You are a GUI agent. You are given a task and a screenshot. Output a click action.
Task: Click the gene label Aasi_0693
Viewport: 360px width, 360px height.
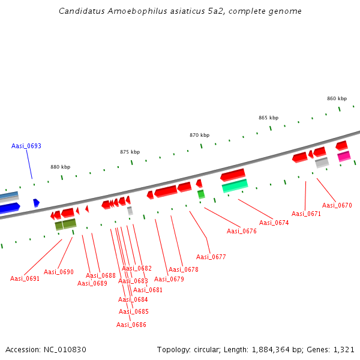point(26,146)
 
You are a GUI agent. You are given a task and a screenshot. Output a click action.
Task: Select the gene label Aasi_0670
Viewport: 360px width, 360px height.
point(337,205)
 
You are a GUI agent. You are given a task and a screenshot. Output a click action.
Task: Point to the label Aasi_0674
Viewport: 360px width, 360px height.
point(274,223)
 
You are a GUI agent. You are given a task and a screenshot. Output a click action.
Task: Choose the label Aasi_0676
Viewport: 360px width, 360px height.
point(241,231)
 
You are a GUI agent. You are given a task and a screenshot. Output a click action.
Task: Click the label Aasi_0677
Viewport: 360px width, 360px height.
point(211,257)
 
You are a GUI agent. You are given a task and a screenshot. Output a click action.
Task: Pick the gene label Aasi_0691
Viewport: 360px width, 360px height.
point(25,278)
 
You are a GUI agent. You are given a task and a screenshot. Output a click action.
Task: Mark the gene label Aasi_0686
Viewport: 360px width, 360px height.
point(131,325)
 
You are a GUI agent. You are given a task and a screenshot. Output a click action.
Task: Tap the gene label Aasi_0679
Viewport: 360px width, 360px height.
point(169,279)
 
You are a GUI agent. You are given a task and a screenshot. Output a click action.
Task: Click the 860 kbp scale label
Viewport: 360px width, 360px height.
point(337,98)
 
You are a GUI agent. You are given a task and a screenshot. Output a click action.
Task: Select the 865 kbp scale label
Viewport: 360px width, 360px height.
point(268,118)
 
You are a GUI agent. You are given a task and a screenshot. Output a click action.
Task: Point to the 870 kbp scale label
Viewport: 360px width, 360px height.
point(199,135)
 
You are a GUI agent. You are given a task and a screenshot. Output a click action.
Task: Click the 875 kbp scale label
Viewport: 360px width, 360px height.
point(130,152)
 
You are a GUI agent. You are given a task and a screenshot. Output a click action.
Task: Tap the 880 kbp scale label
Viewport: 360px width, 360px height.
point(60,167)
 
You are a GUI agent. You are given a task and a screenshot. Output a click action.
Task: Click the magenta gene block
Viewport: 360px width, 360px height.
point(344,157)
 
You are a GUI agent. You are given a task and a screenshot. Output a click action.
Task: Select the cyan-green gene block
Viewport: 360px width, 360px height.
point(235,186)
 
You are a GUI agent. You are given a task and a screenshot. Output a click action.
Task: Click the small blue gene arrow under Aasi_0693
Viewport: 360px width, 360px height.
point(36,203)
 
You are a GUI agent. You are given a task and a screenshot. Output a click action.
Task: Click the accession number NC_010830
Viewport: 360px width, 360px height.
point(64,349)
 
